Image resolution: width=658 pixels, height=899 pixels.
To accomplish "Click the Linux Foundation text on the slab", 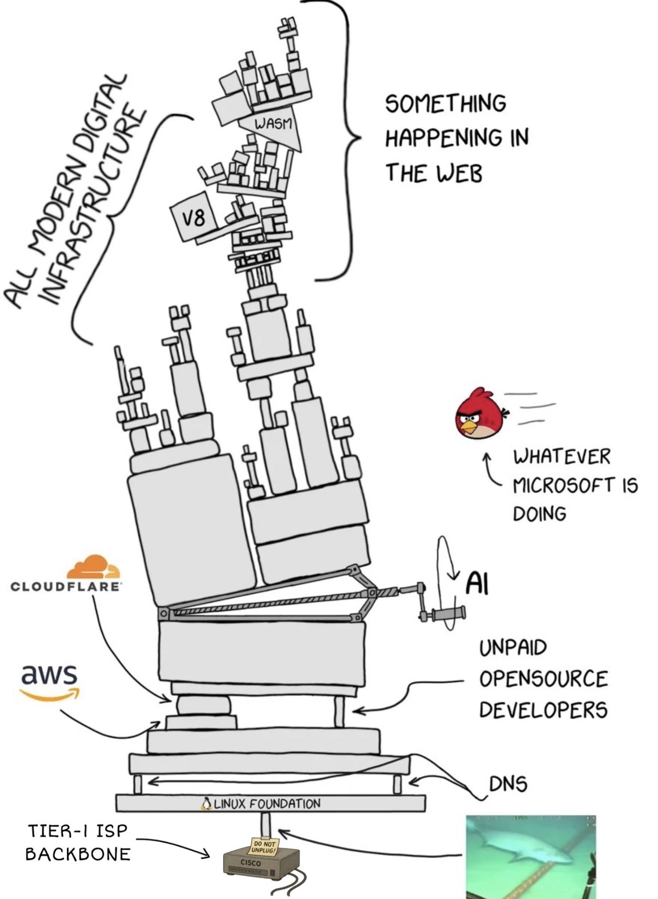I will [x=267, y=804].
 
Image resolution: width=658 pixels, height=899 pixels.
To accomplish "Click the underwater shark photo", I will [x=530, y=857].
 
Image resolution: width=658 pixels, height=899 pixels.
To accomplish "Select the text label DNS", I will [x=507, y=784].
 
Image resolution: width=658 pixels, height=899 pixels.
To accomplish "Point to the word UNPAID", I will [x=513, y=648].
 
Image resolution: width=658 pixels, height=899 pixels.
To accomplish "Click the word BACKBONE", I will [x=78, y=854].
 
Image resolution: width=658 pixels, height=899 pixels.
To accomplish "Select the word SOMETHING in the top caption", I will [x=446, y=103].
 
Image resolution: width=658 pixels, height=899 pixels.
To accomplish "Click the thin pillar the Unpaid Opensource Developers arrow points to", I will [x=339, y=712].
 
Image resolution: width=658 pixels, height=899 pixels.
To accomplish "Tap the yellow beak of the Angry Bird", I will [x=469, y=426].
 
